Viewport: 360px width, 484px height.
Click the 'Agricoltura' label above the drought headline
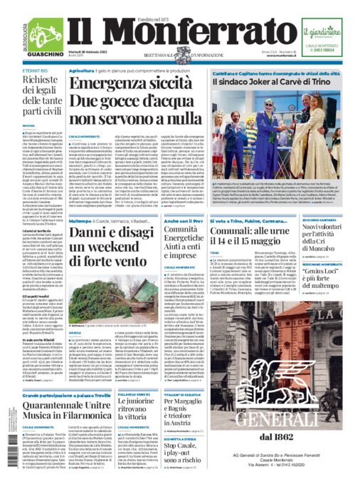pos(82,71)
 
